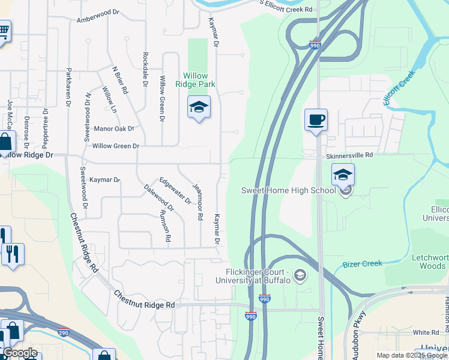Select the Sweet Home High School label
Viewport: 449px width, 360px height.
tap(288, 190)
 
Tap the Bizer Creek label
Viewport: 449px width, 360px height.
tap(362, 264)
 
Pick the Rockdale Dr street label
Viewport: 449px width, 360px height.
tap(145, 69)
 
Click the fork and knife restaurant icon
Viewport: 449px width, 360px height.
tap(13, 254)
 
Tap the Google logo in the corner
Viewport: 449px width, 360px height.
tap(19, 353)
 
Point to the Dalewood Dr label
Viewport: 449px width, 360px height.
tap(158, 197)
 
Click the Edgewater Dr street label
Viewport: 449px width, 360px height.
tap(175, 190)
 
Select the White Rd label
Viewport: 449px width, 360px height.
tap(426, 332)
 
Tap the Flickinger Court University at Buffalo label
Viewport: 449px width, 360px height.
tap(258, 276)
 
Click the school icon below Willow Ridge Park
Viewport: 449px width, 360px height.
tap(199, 107)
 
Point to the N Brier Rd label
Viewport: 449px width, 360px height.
tap(120, 79)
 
